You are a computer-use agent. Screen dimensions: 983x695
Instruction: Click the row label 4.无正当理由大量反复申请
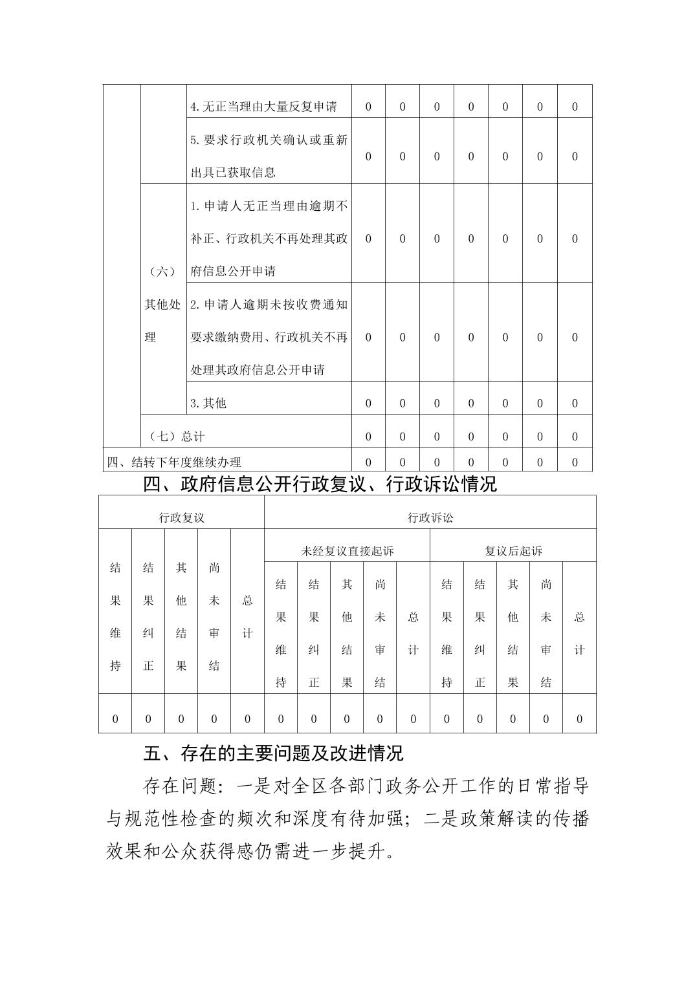pyautogui.click(x=263, y=107)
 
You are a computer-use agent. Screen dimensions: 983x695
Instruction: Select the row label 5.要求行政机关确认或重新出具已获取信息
pyautogui.click(x=269, y=156)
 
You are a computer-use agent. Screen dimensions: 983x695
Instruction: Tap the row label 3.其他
pyautogui.click(x=208, y=403)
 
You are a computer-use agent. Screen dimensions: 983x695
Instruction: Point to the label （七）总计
pyautogui.click(x=173, y=437)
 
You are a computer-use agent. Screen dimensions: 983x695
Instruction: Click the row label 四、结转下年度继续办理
pyautogui.click(x=174, y=462)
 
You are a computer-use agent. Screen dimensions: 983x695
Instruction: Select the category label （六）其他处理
pyautogui.click(x=162, y=305)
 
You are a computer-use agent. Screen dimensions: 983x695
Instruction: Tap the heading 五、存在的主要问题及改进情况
pyautogui.click(x=272, y=753)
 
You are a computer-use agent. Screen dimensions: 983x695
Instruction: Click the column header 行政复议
pyautogui.click(x=182, y=517)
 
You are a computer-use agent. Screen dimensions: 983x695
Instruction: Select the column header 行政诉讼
pyautogui.click(x=430, y=517)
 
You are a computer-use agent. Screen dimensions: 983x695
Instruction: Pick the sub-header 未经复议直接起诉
pyautogui.click(x=347, y=551)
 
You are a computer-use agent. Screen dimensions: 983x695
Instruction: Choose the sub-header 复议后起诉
pyautogui.click(x=513, y=551)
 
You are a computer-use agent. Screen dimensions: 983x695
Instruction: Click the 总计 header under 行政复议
pyautogui.click(x=247, y=617)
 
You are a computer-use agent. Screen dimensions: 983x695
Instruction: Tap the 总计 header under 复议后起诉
pyautogui.click(x=579, y=633)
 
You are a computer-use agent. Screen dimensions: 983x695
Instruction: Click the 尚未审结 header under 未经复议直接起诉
pyautogui.click(x=381, y=633)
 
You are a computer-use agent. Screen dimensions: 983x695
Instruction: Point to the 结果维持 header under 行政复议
pyautogui.click(x=115, y=617)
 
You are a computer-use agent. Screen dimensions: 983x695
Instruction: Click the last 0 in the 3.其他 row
pyautogui.click(x=575, y=403)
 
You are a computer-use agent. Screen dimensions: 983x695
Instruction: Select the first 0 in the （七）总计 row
pyautogui.click(x=368, y=437)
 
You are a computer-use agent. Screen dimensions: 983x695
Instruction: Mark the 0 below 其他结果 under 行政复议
pyautogui.click(x=181, y=718)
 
